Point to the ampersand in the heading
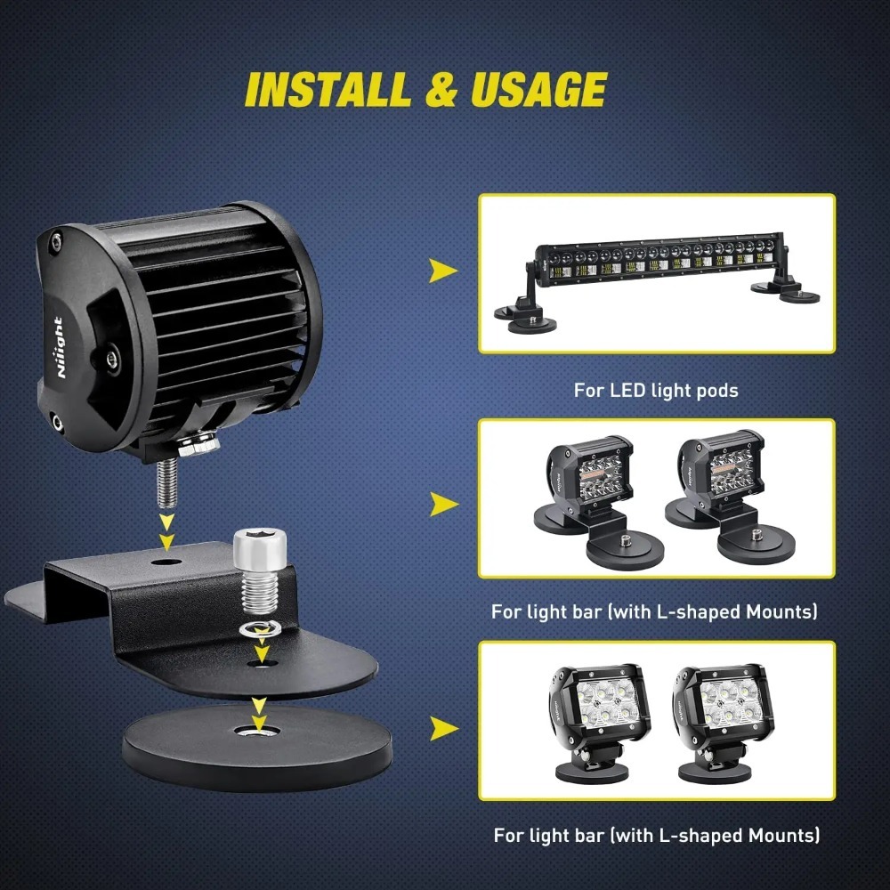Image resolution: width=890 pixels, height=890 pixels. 434,90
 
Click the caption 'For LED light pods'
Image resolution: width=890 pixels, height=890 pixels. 656,390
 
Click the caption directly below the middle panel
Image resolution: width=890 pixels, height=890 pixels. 654,612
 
